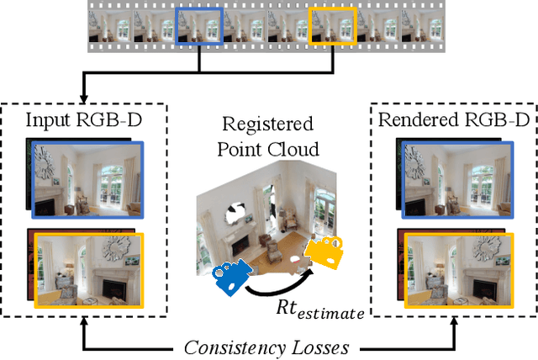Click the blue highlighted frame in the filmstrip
(x=199, y=26)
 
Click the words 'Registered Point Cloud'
(x=266, y=136)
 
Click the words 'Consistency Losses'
(x=268, y=344)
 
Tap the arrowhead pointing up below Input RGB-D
(x=82, y=324)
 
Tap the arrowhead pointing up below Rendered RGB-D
(x=455, y=324)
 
